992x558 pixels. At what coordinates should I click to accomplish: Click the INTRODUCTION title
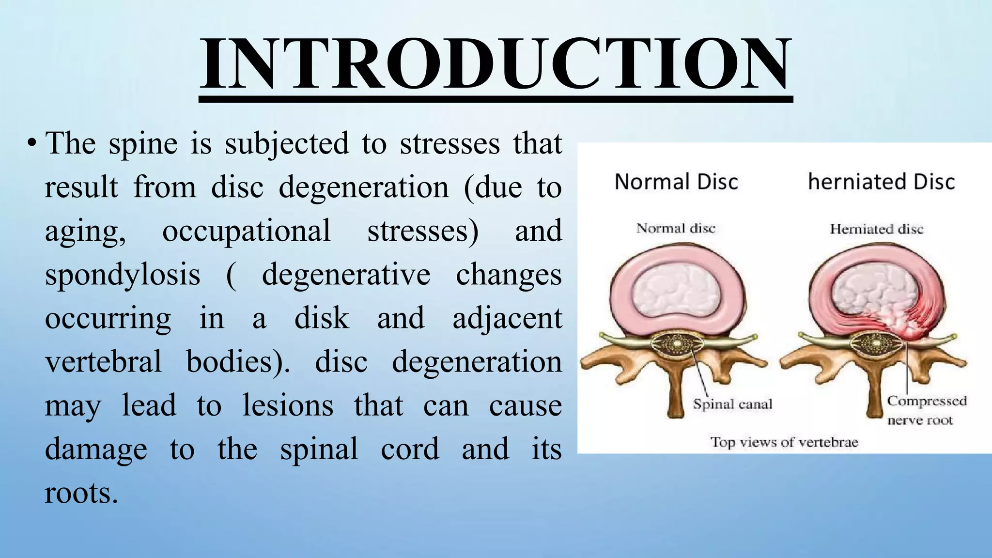point(496,63)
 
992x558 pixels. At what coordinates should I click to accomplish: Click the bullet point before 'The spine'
point(31,143)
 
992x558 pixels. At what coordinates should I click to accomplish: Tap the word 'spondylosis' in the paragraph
point(123,275)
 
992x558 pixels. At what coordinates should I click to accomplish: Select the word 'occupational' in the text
point(247,231)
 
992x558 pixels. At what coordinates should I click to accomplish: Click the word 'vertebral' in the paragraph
point(103,362)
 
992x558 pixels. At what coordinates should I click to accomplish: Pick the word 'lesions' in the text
point(288,405)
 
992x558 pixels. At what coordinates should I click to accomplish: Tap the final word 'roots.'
point(81,493)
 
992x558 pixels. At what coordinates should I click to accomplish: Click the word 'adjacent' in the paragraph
point(507,319)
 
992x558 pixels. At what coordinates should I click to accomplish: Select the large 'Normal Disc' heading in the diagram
point(676,182)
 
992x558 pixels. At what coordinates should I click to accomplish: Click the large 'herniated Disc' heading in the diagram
point(882,182)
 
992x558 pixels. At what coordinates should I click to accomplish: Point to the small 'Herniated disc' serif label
point(877,229)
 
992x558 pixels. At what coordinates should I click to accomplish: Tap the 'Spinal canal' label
point(732,404)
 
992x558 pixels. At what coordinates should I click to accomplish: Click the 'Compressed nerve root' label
point(926,410)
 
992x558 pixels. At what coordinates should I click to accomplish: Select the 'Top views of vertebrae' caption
point(784,442)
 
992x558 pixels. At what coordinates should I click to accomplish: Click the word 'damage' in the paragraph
point(96,449)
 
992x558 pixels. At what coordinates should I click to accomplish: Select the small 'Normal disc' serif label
point(676,228)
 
